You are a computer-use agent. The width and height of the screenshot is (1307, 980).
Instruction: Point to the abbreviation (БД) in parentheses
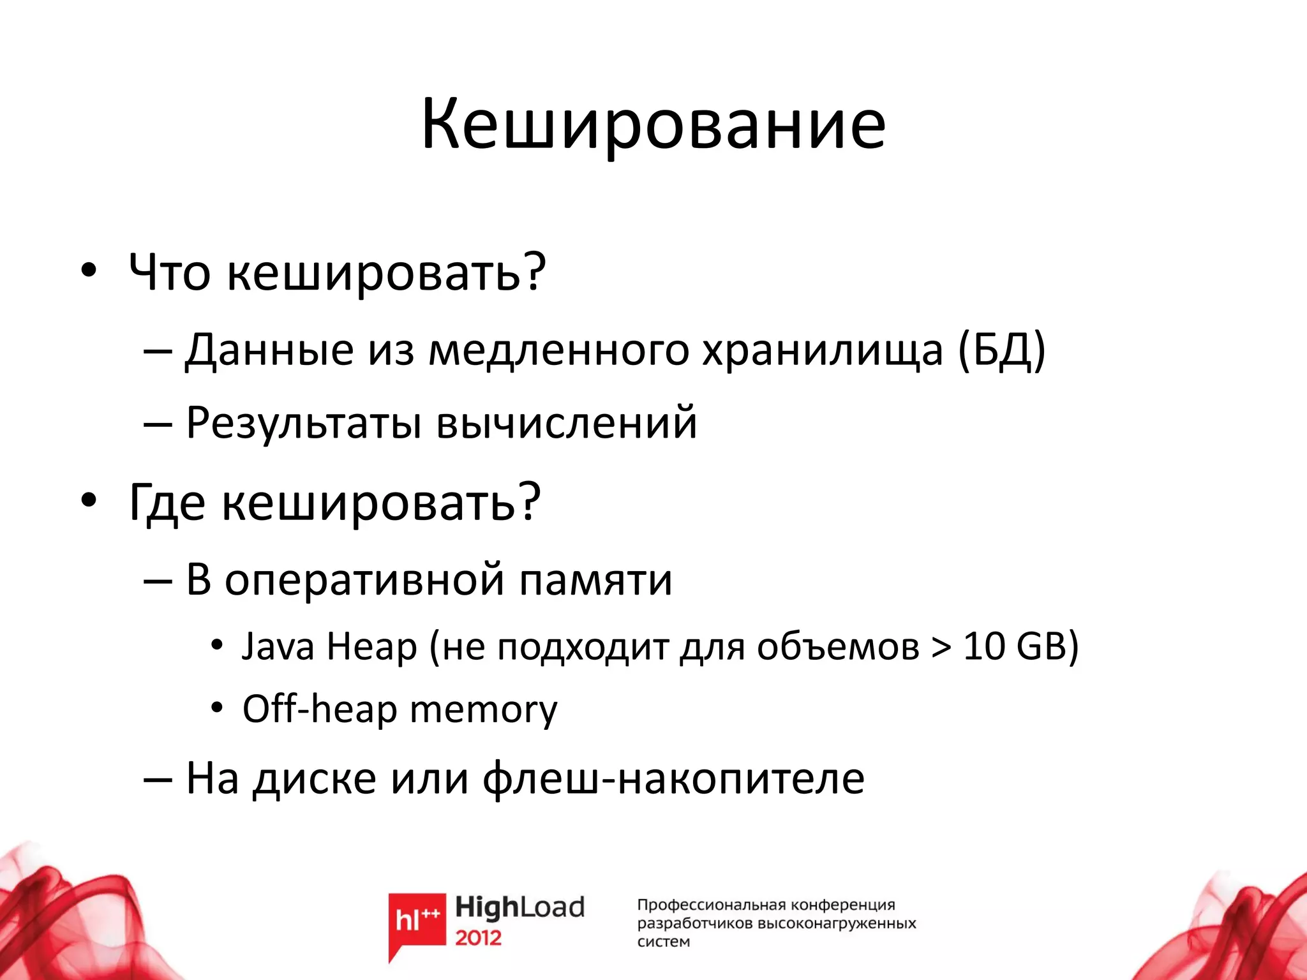point(1001,350)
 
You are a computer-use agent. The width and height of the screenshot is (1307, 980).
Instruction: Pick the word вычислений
point(567,423)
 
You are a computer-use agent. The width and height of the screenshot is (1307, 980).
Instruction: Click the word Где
point(167,503)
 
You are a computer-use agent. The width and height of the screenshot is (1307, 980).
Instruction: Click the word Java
point(278,646)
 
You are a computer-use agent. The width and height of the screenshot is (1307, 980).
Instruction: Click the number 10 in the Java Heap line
point(983,646)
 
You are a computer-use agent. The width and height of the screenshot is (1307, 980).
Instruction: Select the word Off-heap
point(319,709)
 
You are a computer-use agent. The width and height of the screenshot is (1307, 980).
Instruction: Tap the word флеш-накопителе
point(673,778)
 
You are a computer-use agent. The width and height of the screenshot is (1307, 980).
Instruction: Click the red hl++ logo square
point(417,919)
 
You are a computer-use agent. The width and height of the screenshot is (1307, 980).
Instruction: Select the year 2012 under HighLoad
point(478,938)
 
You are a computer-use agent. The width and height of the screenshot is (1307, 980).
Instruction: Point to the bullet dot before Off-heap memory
point(218,708)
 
